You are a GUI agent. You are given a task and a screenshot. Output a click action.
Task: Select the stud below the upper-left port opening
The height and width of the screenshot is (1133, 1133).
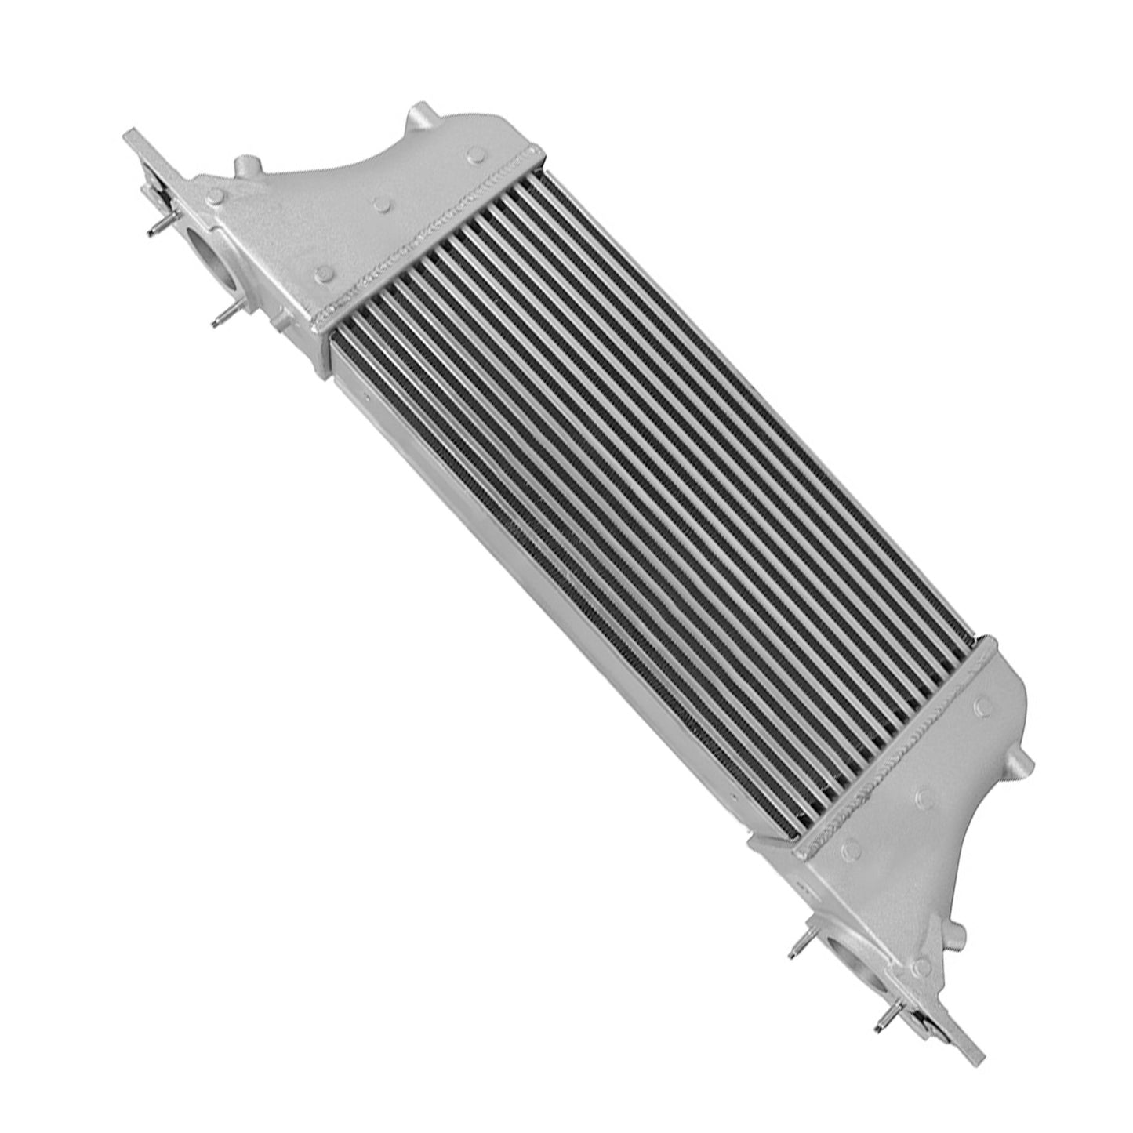click(226, 315)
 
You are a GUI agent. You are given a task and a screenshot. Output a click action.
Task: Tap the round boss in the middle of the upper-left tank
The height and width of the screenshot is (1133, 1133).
click(382, 205)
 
